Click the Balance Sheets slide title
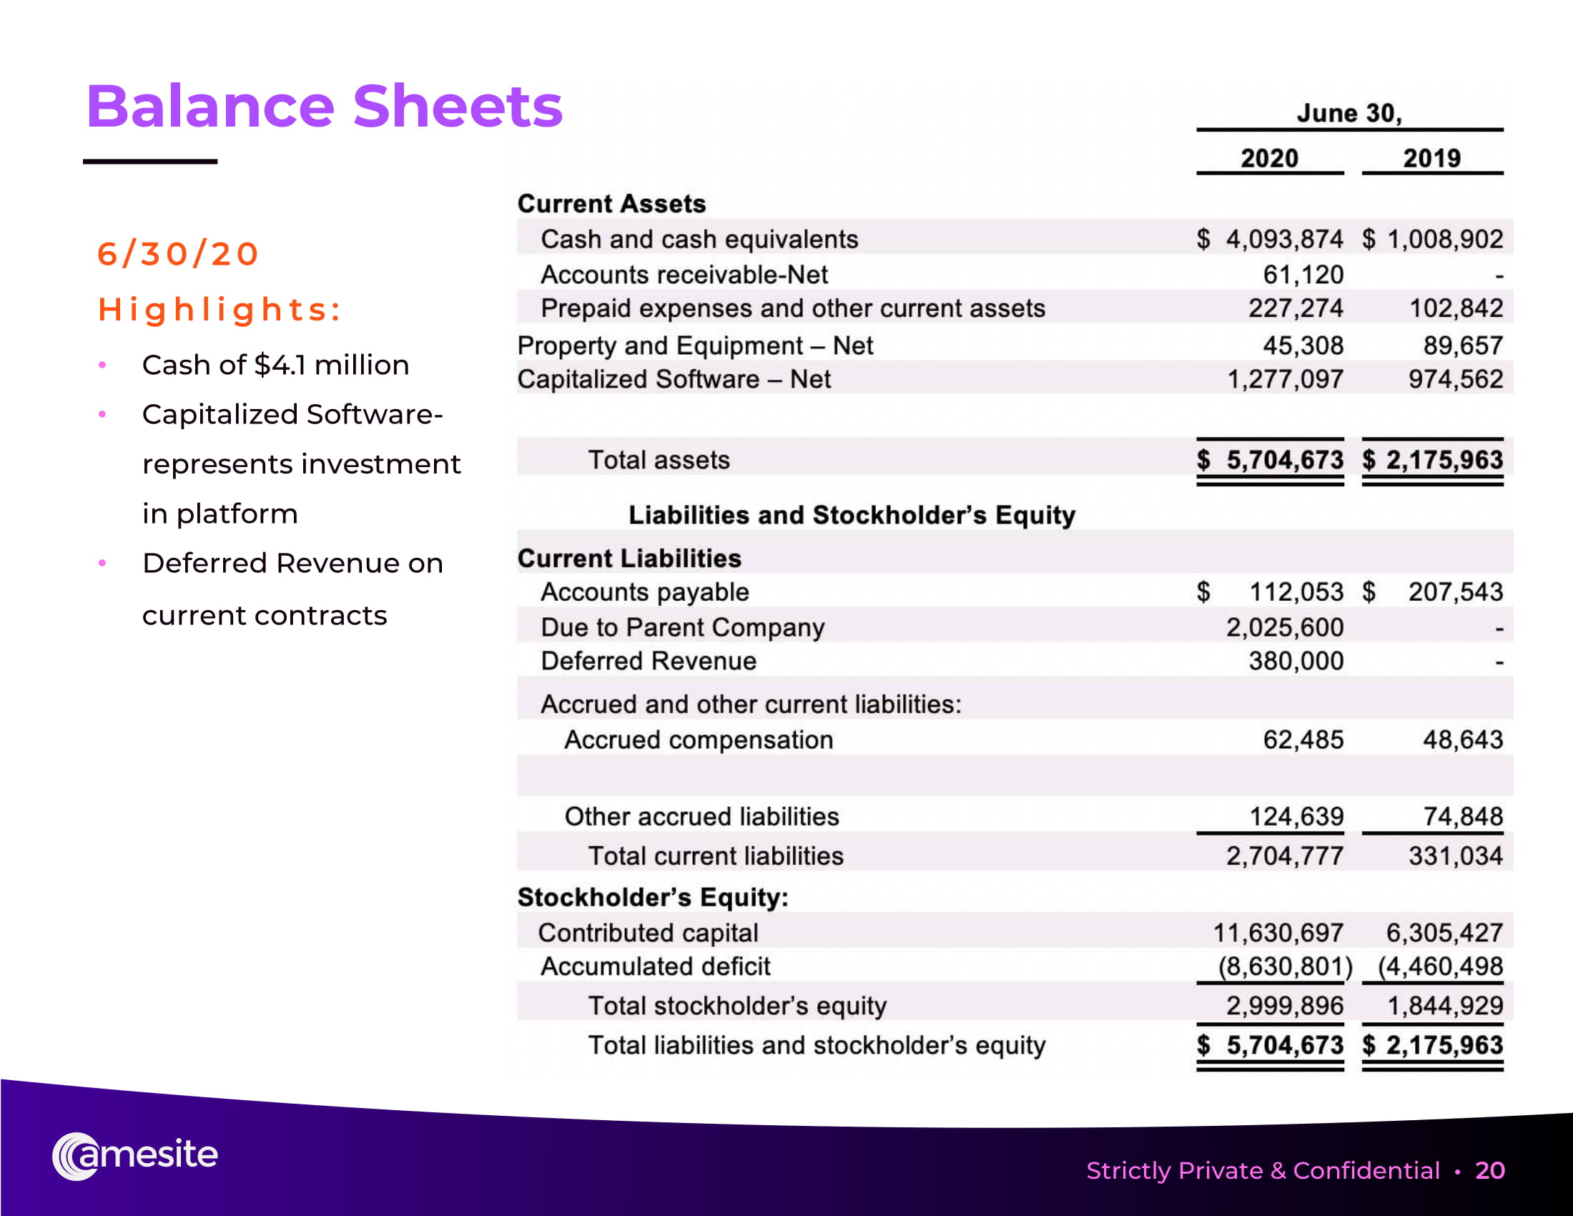click(324, 107)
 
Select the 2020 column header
click(1269, 158)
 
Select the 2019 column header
click(1431, 158)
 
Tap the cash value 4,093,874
click(1284, 239)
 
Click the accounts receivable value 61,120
click(1303, 275)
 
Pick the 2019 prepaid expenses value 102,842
click(1456, 308)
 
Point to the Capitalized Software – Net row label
click(674, 379)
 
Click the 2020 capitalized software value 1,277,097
click(1284, 379)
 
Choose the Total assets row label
click(659, 460)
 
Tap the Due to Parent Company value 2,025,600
click(1284, 627)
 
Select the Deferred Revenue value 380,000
click(1296, 661)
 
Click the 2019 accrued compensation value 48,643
click(1463, 740)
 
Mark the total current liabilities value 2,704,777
click(1284, 855)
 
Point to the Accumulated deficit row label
click(655, 966)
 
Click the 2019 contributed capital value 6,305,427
click(1444, 933)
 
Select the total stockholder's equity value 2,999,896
click(1284, 1006)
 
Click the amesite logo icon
click(75, 1156)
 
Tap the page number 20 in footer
click(1489, 1171)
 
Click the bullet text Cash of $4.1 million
click(275, 366)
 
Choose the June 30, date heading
click(1349, 113)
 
